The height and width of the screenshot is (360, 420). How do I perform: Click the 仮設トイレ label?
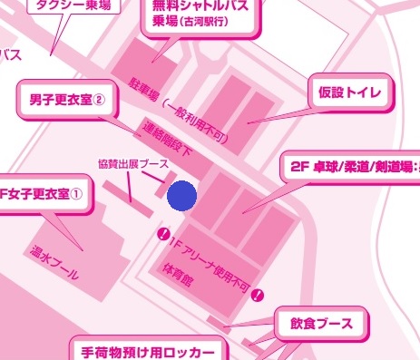(x=349, y=92)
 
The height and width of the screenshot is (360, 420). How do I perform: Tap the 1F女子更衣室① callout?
(x=44, y=192)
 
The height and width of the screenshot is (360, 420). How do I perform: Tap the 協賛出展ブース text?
(x=132, y=165)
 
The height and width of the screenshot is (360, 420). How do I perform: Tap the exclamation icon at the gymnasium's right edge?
(x=259, y=294)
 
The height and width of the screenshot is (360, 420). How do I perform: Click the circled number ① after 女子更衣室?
(x=77, y=193)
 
